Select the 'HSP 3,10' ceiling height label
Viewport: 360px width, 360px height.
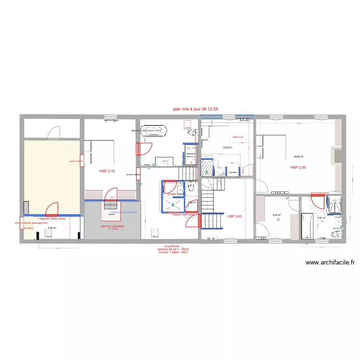(107, 171)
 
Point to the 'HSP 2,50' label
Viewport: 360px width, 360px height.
(298, 168)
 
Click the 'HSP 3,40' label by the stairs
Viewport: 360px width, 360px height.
(235, 216)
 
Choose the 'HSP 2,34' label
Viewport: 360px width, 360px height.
(238, 138)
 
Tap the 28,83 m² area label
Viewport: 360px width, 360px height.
(299, 156)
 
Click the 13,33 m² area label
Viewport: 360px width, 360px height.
(227, 148)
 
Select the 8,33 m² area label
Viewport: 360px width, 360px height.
(276, 215)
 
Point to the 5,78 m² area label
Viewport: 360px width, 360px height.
(52, 228)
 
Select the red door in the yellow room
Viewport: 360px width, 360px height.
(51, 209)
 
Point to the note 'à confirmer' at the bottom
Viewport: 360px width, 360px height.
(172, 246)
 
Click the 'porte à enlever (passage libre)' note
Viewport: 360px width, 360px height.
(31, 223)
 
